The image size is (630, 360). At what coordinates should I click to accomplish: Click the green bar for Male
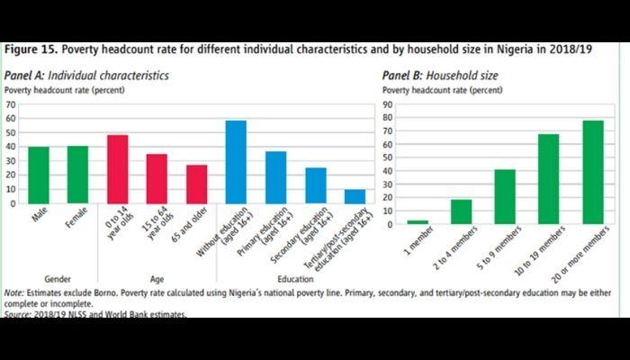point(39,175)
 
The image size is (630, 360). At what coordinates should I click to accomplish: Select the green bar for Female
point(77,175)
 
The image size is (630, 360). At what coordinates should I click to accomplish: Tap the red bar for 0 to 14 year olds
point(118,169)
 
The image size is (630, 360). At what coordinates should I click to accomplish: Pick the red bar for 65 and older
point(196,184)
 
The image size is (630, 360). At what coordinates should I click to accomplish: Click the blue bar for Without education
point(237,162)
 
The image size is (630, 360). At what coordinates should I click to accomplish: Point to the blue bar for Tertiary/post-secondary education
point(355,196)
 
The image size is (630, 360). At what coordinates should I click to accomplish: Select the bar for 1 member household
point(417,221)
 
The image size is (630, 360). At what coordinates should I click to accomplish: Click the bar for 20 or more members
point(594,172)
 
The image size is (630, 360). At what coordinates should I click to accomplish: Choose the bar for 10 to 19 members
point(549,178)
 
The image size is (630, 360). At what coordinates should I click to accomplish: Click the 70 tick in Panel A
point(11,104)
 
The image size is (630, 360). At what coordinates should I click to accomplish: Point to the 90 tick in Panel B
point(389,104)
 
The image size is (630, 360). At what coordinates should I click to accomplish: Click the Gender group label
point(58,278)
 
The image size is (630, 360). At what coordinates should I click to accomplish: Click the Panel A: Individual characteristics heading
point(86,76)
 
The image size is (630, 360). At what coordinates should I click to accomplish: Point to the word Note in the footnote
point(14,294)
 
